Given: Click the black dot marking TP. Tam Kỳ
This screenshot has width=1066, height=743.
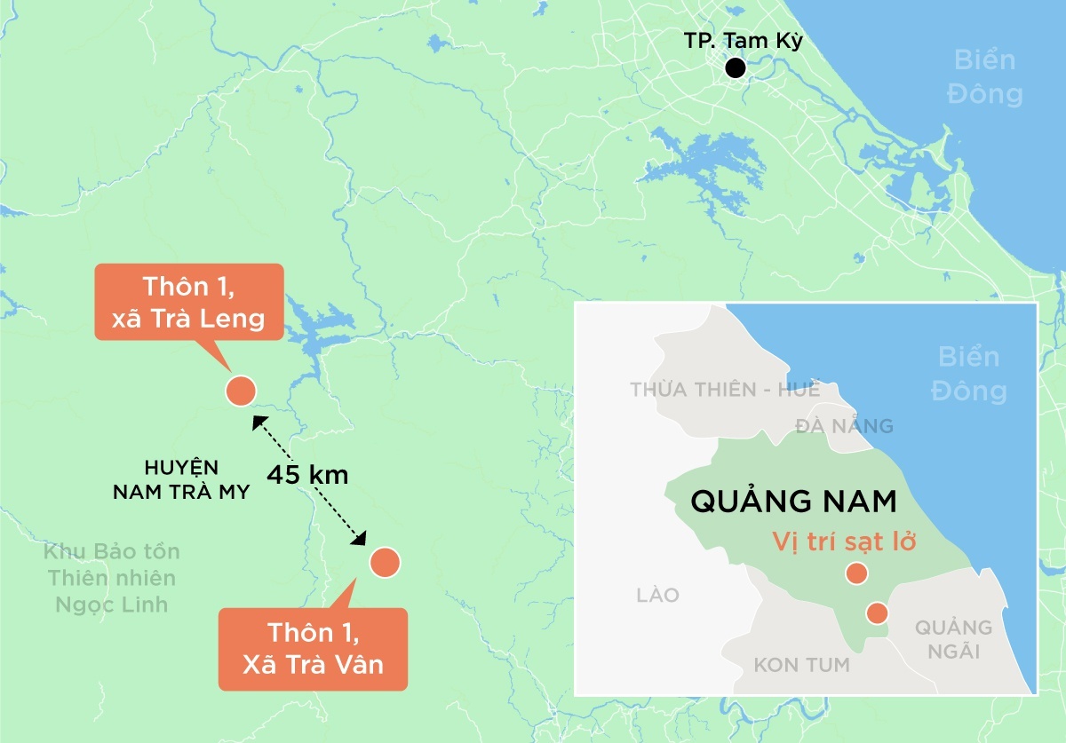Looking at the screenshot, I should pos(735,67).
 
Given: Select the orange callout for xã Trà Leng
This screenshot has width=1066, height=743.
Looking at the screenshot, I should pos(189,303).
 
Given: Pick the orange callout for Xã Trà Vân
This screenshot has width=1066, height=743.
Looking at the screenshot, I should pos(313,649).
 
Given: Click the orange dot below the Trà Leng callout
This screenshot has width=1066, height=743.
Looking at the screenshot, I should pos(241,391).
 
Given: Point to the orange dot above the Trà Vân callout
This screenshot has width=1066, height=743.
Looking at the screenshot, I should pos(386,562).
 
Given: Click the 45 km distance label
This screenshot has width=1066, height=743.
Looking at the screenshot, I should pos(307,474).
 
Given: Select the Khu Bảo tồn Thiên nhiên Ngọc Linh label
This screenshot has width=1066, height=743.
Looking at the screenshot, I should pos(112,578).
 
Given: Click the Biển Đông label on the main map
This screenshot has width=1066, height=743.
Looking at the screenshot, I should pos(984,77).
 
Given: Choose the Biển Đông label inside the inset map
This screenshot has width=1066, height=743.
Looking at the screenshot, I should pos(968,374).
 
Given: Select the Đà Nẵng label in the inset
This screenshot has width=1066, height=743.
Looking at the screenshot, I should pos(843,426).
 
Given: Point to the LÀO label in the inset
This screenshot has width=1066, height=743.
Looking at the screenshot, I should pos(658,595).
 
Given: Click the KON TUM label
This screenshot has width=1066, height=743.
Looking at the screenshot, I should pos(801,664).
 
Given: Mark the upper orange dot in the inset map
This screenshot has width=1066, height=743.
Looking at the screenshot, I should pos(856,573).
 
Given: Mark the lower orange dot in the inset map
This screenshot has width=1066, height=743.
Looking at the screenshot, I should pos(877,613).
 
